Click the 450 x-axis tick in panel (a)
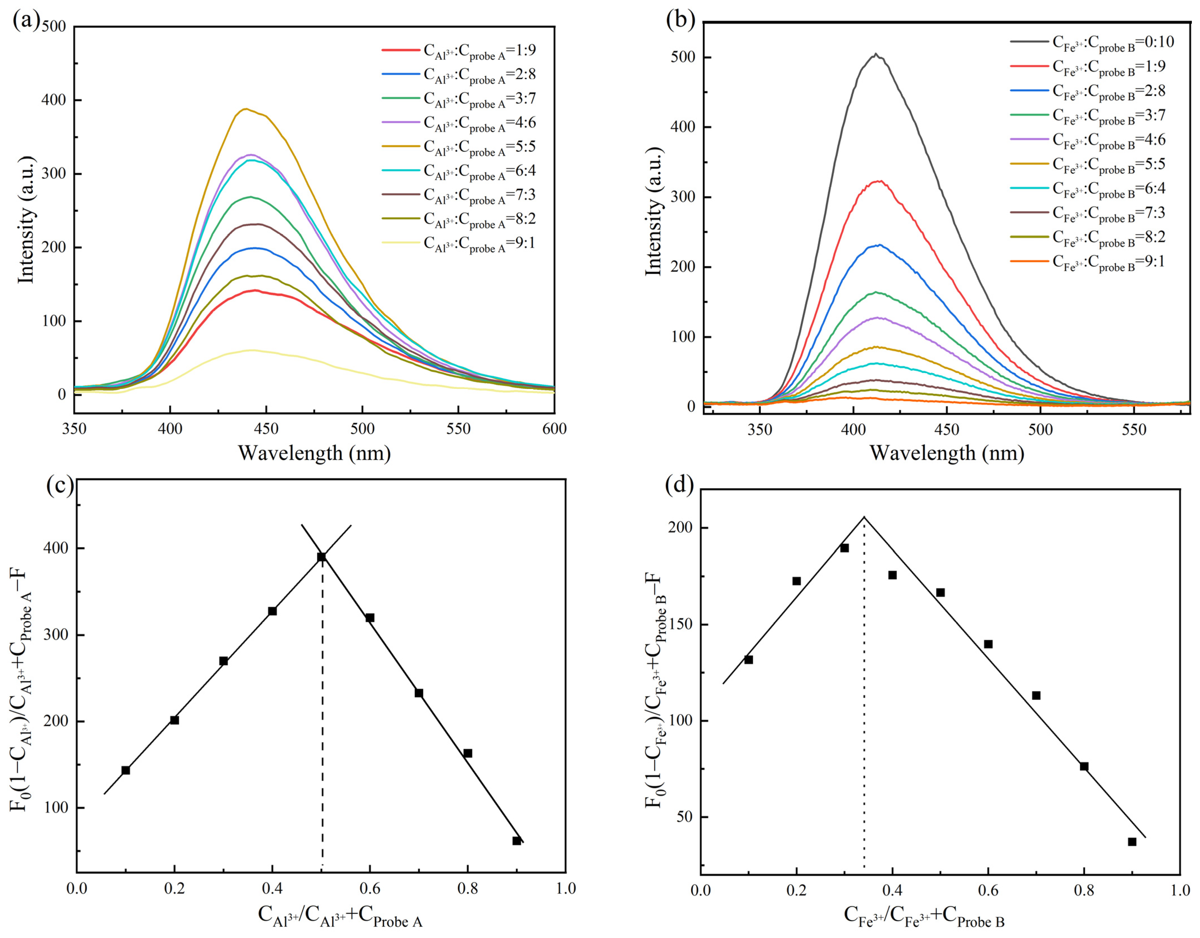point(266,429)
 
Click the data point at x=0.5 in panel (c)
point(322,557)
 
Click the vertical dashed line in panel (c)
point(322,714)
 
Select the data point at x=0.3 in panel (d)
point(844,548)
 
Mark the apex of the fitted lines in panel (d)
point(864,517)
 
